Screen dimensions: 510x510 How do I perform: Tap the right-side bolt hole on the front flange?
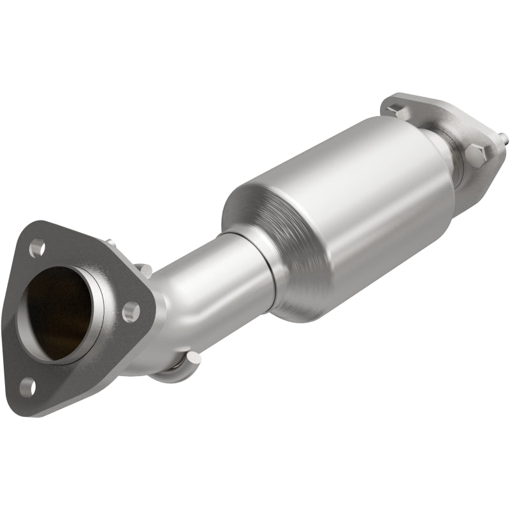click(131, 312)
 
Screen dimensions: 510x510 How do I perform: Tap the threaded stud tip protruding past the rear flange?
click(504, 136)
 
